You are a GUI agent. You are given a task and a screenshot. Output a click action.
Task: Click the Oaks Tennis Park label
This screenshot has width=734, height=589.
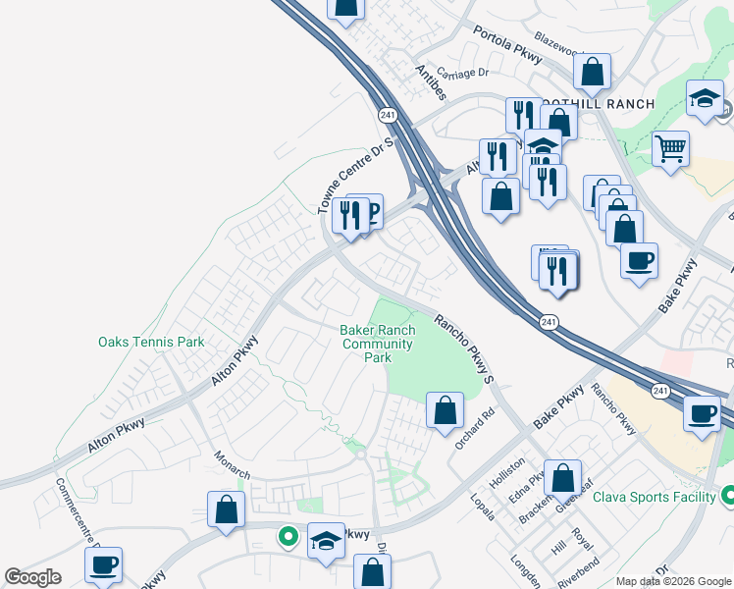click(x=151, y=343)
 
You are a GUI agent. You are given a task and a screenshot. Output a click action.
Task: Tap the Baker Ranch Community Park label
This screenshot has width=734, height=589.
click(x=378, y=345)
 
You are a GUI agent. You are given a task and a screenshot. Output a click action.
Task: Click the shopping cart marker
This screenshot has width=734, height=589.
click(x=670, y=150)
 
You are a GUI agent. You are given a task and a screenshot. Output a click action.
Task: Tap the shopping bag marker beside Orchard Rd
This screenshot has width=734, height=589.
click(x=446, y=410)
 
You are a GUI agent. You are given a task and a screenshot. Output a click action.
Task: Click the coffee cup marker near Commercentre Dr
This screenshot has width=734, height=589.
click(x=103, y=565)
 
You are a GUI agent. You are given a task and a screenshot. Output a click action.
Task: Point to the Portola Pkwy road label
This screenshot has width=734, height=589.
click(x=507, y=44)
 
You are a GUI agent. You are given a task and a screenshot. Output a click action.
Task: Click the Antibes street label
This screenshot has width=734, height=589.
click(x=431, y=82)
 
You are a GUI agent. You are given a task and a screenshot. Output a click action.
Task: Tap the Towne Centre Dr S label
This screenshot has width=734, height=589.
click(x=354, y=176)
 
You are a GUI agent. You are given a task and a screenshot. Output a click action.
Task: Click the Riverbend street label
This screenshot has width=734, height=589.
click(x=578, y=575)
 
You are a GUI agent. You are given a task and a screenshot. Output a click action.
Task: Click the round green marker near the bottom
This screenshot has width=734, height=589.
click(x=288, y=536)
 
